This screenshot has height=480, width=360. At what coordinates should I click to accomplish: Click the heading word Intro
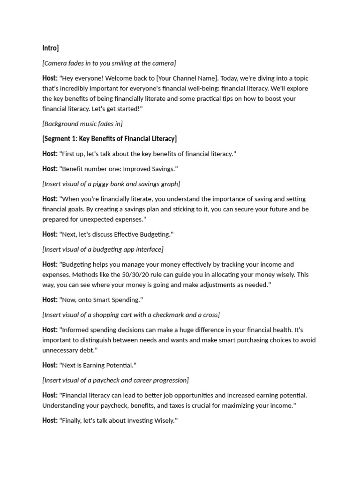pyautogui.click(x=49, y=48)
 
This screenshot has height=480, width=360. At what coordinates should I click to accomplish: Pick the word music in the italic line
pyautogui.click(x=88, y=124)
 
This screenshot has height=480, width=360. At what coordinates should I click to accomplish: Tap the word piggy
pyautogui.click(x=98, y=184)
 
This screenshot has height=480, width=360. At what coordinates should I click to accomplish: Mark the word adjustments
pyautogui.click(x=208, y=285)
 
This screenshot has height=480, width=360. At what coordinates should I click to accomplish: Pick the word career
pyautogui.click(x=145, y=380)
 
